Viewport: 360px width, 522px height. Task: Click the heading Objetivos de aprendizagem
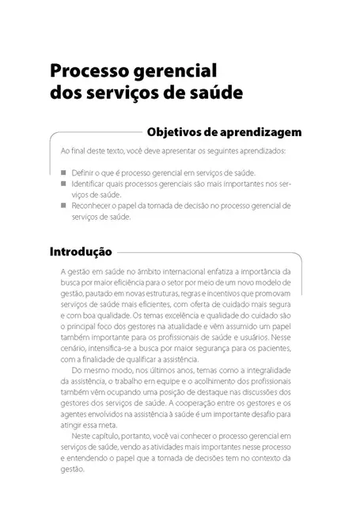[222, 131]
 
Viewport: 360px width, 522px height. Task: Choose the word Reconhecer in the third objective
[92, 205]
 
